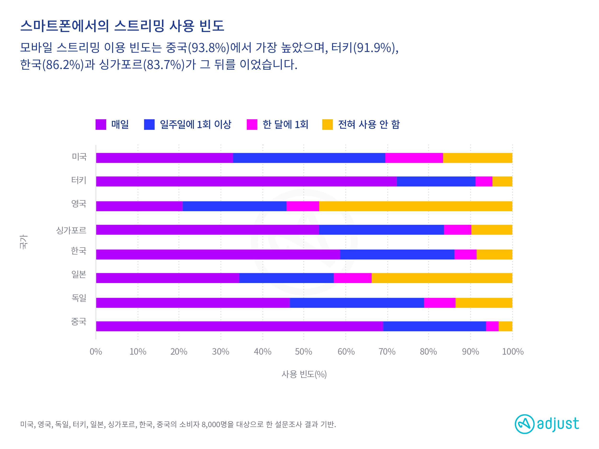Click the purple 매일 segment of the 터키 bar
pyautogui.click(x=246, y=181)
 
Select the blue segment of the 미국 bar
pyautogui.click(x=309, y=158)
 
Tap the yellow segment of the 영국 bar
pyautogui.click(x=415, y=206)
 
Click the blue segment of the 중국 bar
pyautogui.click(x=434, y=326)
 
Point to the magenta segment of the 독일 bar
pyautogui.click(x=439, y=303)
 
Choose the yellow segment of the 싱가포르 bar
pyautogui.click(x=491, y=230)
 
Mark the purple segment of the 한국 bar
pyautogui.click(x=218, y=254)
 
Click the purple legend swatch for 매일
pyautogui.click(x=101, y=125)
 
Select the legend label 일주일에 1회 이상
pyautogui.click(x=196, y=125)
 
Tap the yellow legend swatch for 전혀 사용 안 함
pyautogui.click(x=327, y=125)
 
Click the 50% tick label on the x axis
pyautogui.click(x=303, y=352)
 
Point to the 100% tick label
pyautogui.click(x=513, y=352)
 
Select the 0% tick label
pyautogui.click(x=96, y=352)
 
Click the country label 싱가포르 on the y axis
pyautogui.click(x=71, y=230)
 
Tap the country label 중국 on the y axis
pyautogui.click(x=79, y=322)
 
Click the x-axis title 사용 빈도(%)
pyautogui.click(x=304, y=374)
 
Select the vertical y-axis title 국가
pyautogui.click(x=23, y=242)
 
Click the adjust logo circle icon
pyautogui.click(x=524, y=424)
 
